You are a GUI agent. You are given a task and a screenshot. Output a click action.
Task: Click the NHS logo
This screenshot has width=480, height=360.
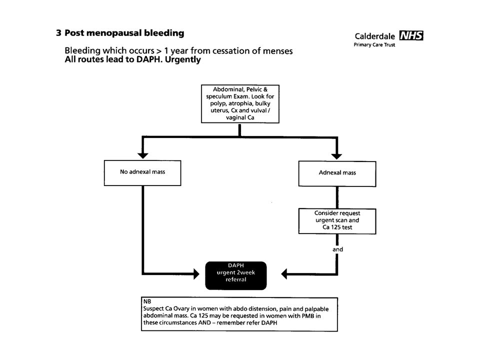[411, 35]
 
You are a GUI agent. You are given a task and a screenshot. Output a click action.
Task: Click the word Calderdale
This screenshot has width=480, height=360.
[374, 36]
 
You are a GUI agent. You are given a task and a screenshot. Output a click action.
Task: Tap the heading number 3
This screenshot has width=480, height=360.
[58, 33]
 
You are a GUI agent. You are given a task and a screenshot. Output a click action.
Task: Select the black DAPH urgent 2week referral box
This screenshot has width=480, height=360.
[235, 275]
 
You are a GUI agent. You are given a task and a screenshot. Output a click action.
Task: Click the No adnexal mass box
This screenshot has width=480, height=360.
[142, 172]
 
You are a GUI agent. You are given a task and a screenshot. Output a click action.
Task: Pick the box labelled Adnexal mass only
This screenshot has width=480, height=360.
[337, 173]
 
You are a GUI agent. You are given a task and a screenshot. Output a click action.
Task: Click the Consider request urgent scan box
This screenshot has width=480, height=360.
[337, 221]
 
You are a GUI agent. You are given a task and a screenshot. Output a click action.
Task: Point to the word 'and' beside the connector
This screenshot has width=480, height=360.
[337, 249]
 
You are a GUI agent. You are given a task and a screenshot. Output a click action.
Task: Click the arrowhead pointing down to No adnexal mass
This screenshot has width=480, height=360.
[142, 155]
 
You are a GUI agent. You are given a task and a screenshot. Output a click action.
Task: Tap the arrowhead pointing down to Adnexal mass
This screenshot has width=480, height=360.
[336, 156]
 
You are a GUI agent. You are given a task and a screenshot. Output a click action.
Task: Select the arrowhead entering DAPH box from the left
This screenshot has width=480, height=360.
[196, 273]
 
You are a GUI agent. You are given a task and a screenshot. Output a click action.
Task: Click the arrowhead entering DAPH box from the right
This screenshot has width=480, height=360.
[284, 273]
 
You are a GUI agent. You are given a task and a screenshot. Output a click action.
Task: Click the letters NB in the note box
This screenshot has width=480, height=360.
[147, 301]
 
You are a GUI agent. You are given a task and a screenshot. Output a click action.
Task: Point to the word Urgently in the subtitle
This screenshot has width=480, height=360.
[183, 59]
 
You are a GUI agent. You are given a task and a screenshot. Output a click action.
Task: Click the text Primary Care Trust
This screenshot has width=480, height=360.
[374, 44]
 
